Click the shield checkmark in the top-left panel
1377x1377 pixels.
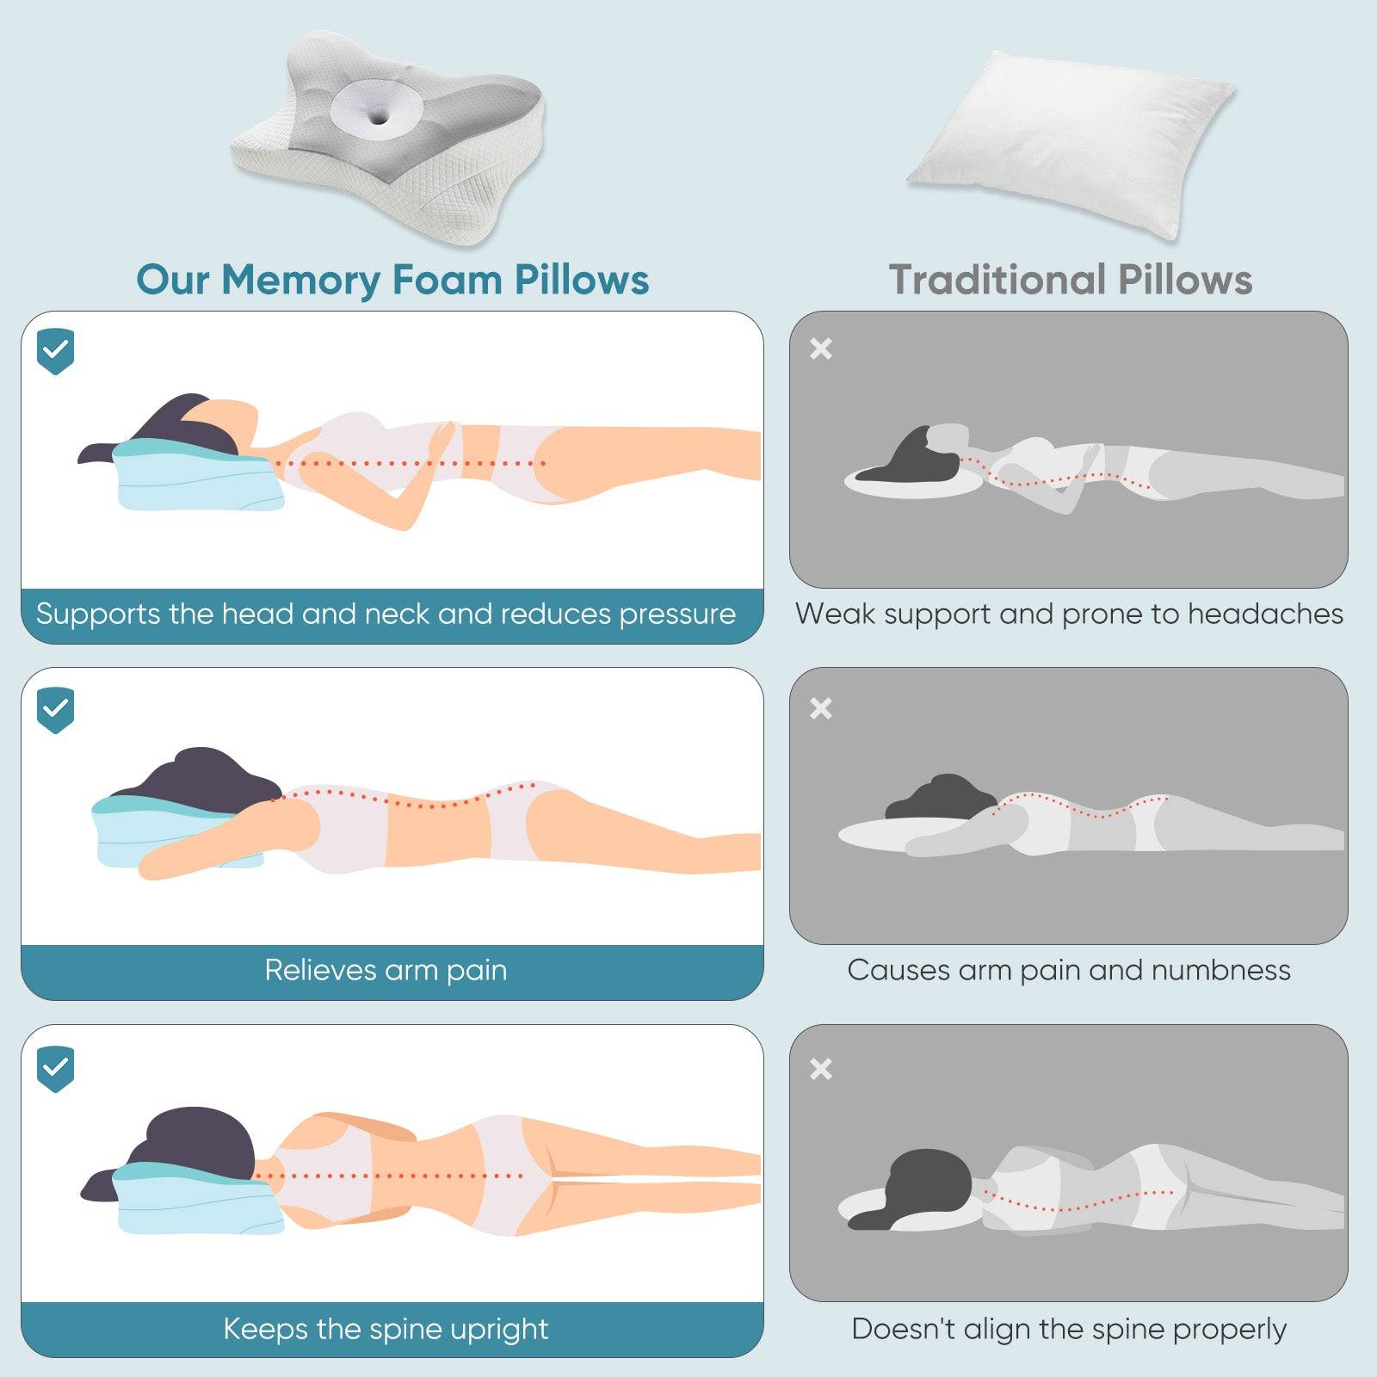coord(56,351)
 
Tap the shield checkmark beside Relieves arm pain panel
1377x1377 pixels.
coord(56,710)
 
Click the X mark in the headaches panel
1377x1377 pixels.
coord(821,349)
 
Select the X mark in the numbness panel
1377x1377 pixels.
coord(821,708)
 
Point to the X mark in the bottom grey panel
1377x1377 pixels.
coord(821,1069)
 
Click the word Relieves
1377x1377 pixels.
coord(319,970)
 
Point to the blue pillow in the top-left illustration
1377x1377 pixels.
coord(198,482)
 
